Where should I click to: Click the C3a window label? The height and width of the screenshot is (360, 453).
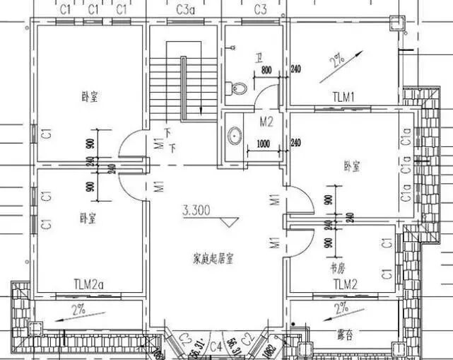[184, 9]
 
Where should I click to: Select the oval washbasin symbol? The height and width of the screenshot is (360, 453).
[235, 136]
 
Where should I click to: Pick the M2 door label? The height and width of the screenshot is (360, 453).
[266, 121]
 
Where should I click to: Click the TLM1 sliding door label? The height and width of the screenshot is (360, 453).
[346, 95]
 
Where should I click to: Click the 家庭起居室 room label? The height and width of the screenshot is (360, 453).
[213, 257]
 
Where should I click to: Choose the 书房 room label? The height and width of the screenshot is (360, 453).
[337, 269]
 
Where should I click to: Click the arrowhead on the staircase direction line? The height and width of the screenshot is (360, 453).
[202, 110]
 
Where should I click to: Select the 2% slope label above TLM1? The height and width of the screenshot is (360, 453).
[336, 59]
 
